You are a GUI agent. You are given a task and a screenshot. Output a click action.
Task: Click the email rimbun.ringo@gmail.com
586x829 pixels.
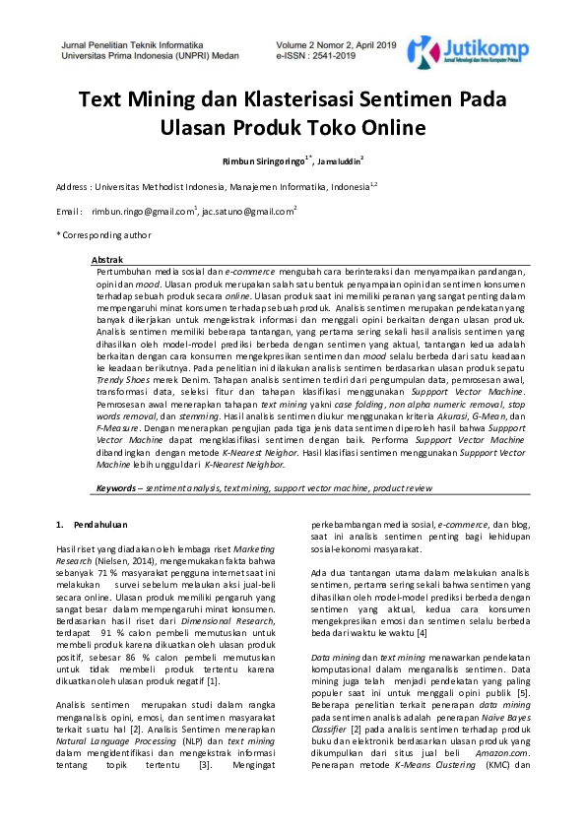(x=144, y=212)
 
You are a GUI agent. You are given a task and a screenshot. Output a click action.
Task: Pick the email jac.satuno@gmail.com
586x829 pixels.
(x=248, y=212)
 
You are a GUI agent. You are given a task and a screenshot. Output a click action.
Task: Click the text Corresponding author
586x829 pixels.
(x=106, y=235)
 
